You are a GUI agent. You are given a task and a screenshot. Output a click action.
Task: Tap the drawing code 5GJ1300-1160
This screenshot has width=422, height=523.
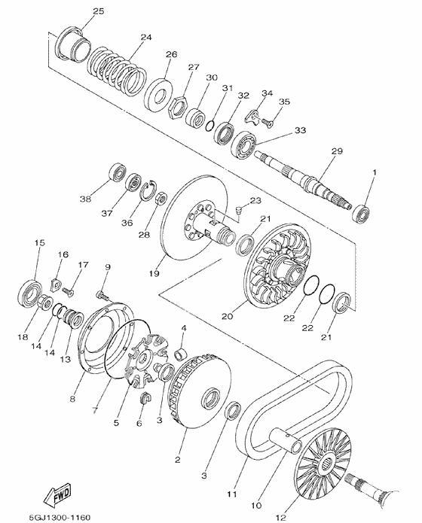pos(60,517)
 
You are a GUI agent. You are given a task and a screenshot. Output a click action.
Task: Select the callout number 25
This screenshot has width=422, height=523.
pos(98,11)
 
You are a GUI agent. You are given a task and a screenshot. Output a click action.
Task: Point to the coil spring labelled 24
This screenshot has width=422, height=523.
pos(117,70)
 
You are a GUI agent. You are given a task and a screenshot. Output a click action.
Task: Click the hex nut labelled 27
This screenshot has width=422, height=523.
pos(177,107)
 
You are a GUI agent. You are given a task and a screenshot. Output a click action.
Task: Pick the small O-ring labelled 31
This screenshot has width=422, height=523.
pos(209,126)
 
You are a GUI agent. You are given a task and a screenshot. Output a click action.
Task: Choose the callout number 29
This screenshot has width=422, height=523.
pos(337,151)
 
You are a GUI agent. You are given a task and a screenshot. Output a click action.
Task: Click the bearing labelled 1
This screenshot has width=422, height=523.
pos(361,213)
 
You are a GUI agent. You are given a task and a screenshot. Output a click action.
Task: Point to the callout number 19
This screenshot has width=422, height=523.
pos(154,273)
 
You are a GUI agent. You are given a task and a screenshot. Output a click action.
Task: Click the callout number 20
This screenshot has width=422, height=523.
pos(227,316)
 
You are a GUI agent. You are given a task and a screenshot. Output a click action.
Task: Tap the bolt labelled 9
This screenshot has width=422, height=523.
pos(102,295)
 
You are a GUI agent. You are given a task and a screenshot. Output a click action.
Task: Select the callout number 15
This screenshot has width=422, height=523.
pos(39,242)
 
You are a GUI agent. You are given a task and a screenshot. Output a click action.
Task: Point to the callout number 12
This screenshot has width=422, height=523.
pos(281,517)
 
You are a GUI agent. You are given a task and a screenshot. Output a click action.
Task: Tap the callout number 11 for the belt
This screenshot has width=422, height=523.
pos(231,494)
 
